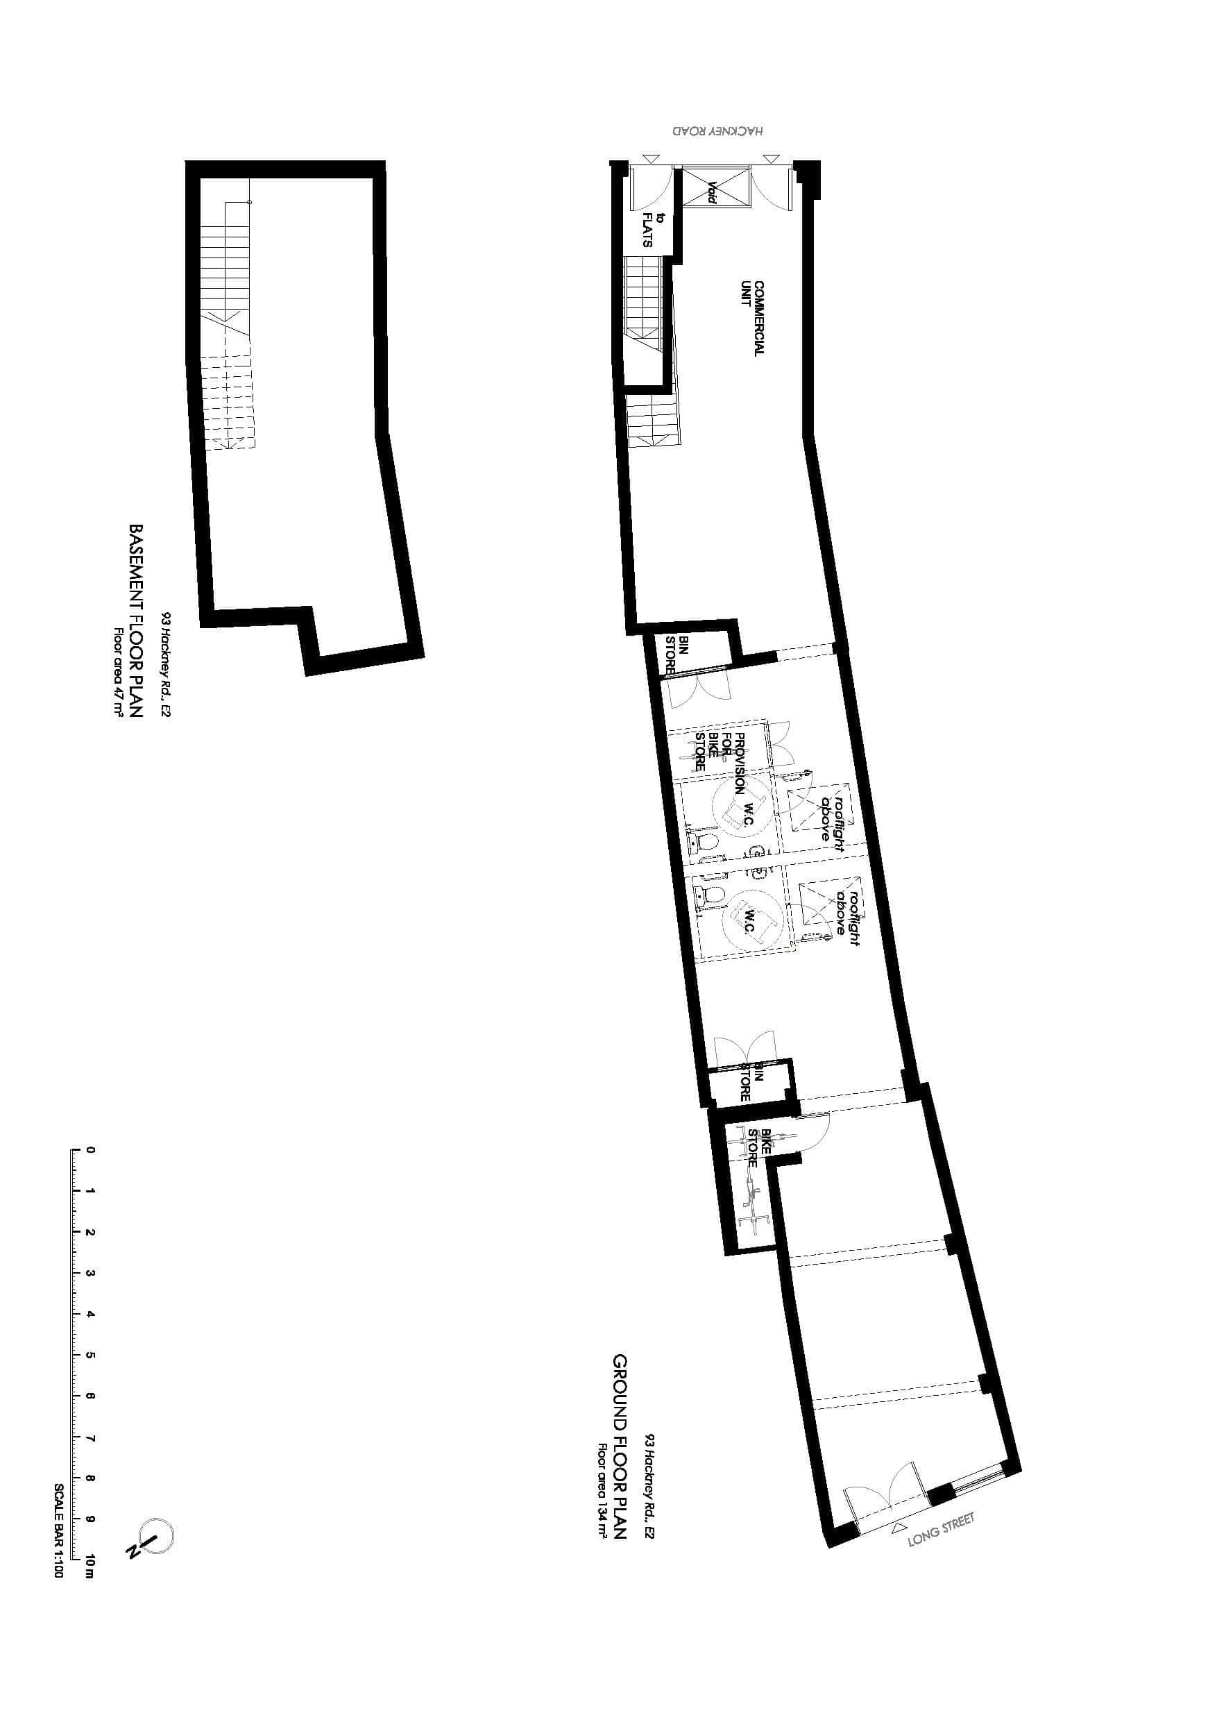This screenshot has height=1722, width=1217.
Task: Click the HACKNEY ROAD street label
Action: [x=717, y=130]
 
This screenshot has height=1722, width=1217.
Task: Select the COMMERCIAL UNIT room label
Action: [x=753, y=318]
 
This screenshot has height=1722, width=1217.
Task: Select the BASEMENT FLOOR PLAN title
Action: [x=136, y=621]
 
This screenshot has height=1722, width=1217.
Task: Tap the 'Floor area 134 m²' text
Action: [x=602, y=1491]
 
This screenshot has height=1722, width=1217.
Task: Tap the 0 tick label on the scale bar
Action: [x=90, y=1150]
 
